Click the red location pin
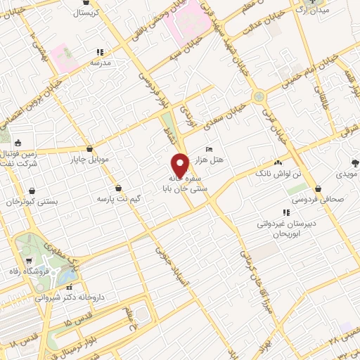[180, 165]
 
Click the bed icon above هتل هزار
[209, 149]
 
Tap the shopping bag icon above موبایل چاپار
[90, 148]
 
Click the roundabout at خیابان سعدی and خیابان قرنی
[259, 95]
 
